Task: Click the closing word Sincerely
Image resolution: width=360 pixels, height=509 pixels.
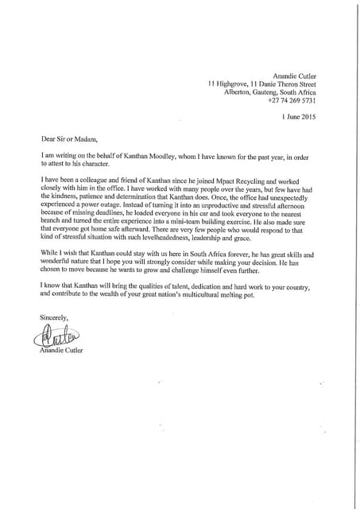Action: [55, 318]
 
